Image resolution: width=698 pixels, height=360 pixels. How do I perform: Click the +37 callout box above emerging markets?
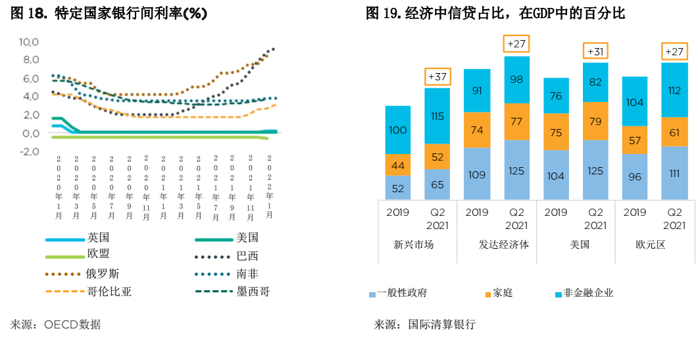[x=437, y=77]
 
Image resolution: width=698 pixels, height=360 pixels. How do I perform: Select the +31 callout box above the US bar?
[x=595, y=51]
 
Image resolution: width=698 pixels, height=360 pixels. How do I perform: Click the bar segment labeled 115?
[x=437, y=116]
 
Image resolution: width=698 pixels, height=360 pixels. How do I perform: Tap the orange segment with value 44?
[x=398, y=165]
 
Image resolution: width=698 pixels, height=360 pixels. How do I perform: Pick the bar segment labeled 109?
[x=477, y=174]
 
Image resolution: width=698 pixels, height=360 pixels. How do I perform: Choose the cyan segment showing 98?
[x=516, y=80]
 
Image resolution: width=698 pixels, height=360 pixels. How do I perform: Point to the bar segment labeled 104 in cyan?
[x=635, y=102]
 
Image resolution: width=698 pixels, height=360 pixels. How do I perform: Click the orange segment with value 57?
[x=635, y=140]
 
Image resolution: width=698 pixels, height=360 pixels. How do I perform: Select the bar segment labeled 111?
[x=674, y=173]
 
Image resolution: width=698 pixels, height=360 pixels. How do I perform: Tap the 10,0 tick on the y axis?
[x=30, y=42]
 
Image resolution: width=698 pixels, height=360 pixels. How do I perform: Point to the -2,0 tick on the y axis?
[x=30, y=151]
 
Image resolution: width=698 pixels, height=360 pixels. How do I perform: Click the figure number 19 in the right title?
[x=392, y=13]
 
